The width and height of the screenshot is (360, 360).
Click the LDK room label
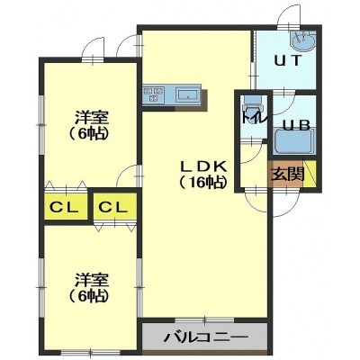[202, 166]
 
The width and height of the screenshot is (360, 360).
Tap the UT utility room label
[287, 60]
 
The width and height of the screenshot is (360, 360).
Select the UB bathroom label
[292, 125]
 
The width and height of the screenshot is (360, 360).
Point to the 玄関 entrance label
[287, 174]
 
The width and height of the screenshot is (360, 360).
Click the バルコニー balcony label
[206, 338]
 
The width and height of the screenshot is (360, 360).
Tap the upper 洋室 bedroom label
[92, 117]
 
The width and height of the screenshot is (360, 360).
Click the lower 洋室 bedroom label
[92, 280]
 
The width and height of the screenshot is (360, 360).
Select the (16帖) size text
[202, 183]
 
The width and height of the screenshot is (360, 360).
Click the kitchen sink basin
[187, 95]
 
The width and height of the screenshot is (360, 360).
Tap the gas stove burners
[153, 94]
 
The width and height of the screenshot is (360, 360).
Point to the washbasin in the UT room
[303, 40]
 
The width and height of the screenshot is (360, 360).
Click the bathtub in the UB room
[293, 141]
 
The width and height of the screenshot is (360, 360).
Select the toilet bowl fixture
[253, 105]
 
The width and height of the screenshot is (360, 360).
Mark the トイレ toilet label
[255, 119]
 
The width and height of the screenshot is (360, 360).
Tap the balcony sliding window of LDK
[205, 319]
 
